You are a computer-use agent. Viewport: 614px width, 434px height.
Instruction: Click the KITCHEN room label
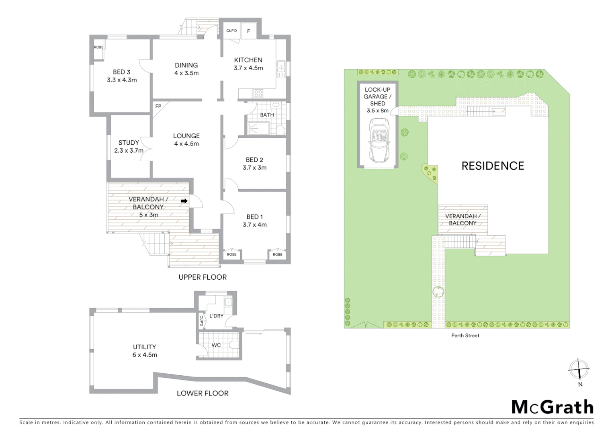click(248, 60)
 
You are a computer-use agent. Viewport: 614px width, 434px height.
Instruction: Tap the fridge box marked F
click(248, 31)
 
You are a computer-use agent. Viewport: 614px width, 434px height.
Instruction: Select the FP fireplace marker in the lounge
click(158, 106)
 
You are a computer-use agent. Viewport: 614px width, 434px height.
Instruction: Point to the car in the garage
click(378, 140)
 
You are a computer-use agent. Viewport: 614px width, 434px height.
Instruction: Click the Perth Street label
click(465, 336)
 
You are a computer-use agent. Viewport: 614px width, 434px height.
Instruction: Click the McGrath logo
click(552, 407)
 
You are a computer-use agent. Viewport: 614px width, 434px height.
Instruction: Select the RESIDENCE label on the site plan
click(493, 166)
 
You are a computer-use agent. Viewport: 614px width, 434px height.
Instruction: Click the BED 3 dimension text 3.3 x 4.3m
click(121, 80)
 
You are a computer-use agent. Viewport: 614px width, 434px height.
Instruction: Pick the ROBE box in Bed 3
click(98, 47)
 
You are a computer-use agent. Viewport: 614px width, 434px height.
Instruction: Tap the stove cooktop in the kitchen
click(258, 94)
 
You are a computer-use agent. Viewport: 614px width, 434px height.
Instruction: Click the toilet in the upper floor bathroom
click(280, 129)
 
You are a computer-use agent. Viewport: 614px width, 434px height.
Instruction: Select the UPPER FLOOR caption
click(203, 277)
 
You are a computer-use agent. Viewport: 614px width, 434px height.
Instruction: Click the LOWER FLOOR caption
click(203, 393)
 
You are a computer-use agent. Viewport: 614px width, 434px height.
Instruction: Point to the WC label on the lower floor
click(216, 345)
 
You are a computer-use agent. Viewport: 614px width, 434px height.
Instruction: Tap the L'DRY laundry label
click(216, 316)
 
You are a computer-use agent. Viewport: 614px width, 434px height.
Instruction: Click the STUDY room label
click(129, 143)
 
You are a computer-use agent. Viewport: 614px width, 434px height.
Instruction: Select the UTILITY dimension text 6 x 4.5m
click(145, 355)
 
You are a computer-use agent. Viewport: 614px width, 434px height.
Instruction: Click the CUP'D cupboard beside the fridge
click(231, 31)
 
